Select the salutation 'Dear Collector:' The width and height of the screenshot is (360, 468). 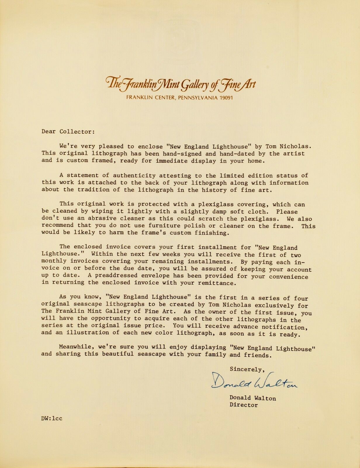68,132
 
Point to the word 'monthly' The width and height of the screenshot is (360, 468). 54,261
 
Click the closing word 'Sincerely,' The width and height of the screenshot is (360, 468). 247,369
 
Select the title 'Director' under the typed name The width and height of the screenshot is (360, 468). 244,405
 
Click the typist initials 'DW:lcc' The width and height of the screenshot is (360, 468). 52,418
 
